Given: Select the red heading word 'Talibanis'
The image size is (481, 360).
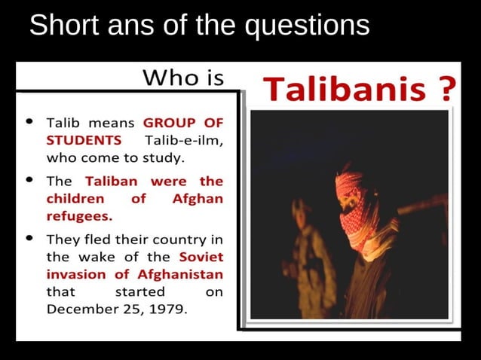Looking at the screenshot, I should pos(344,90).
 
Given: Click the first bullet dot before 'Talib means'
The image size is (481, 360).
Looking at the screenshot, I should pos(29,121).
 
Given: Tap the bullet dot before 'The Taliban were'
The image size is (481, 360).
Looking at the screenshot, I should pos(29,181).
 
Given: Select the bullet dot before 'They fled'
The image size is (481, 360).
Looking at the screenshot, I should pos(29,239).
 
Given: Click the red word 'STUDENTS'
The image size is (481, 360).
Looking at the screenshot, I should pos(84,139).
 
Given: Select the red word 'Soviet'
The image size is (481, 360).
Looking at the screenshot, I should pos(201,257).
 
